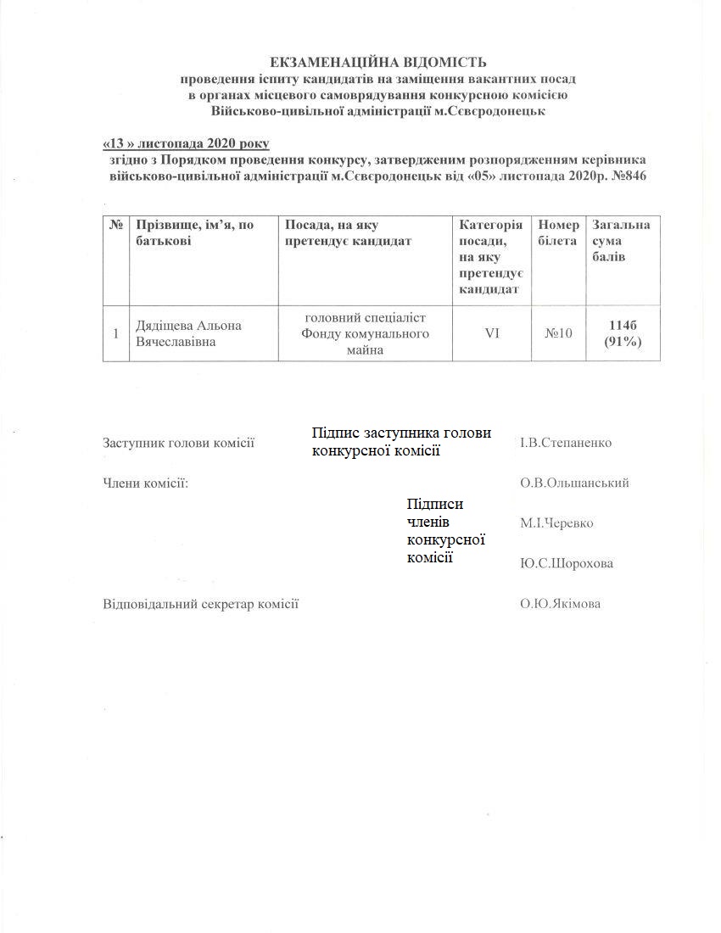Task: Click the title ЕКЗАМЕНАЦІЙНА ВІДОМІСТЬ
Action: tap(377, 62)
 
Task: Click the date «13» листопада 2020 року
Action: tap(185, 143)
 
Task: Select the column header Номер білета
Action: tap(559, 232)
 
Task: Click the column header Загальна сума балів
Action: tap(621, 240)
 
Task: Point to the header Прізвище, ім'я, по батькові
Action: tap(194, 232)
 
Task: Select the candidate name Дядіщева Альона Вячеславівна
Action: tap(187, 333)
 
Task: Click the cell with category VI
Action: tap(492, 333)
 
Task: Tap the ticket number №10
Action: tap(558, 333)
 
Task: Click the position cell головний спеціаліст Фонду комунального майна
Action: tap(366, 333)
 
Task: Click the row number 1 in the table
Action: tap(115, 333)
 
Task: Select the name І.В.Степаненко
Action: tap(566, 443)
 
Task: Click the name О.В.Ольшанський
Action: tap(574, 483)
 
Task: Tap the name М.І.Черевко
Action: tap(556, 523)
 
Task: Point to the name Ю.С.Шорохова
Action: tap(566, 563)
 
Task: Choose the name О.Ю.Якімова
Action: tap(561, 604)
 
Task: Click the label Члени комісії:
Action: tap(145, 483)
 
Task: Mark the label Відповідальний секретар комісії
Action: tap(201, 604)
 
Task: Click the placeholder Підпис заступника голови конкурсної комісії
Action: tap(401, 442)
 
